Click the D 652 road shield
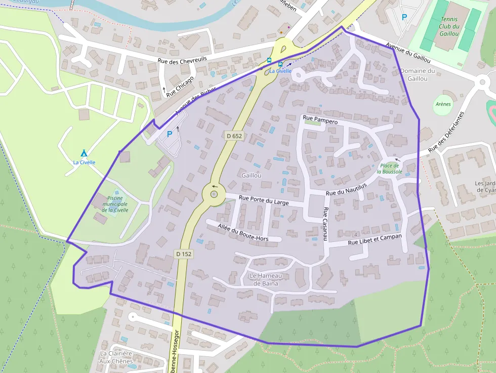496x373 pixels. [234, 136]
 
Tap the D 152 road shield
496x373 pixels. [184, 254]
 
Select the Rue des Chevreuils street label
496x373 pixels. [182, 60]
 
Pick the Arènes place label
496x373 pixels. [443, 104]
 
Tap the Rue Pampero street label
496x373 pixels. [320, 119]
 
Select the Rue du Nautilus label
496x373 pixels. [346, 189]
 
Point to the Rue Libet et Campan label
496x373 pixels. [375, 239]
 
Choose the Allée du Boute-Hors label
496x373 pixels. [249, 232]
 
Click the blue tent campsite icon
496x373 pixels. [84, 153]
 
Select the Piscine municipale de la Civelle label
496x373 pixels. [115, 203]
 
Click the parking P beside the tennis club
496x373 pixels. [404, 17]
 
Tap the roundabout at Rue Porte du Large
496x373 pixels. [214, 193]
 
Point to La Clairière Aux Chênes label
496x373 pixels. [116, 357]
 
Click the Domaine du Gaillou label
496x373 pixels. [418, 75]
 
